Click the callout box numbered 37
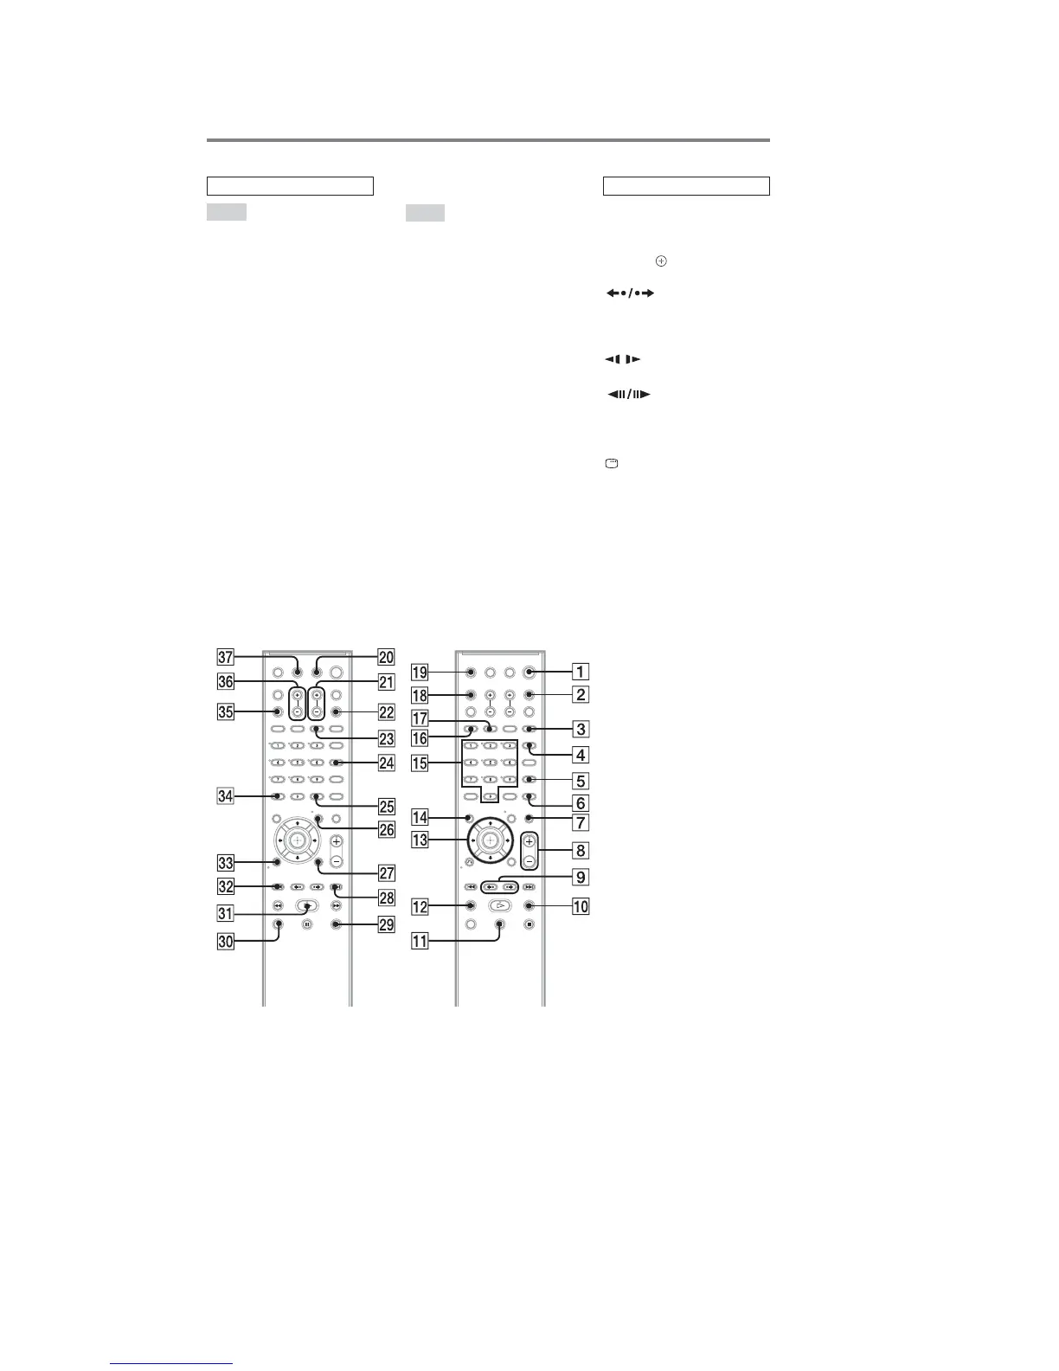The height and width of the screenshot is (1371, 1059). point(226,658)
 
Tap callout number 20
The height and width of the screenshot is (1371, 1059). point(387,658)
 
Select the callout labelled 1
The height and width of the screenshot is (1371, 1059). point(581,671)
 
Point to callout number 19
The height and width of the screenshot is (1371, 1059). point(420,671)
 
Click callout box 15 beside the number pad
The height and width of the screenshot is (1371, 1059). point(420,763)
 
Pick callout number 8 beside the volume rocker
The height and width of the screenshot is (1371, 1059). point(581,851)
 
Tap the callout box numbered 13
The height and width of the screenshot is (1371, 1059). point(420,840)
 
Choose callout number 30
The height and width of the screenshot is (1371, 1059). point(226,943)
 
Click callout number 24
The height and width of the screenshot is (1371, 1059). point(387,763)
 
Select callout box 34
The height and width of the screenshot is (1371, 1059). point(226,796)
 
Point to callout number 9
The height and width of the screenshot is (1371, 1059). point(581,878)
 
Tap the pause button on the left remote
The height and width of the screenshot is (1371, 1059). point(307,924)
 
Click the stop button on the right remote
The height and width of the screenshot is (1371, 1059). point(529,924)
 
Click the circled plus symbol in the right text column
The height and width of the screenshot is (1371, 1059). point(662,260)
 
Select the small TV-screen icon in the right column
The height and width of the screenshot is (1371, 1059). point(612,465)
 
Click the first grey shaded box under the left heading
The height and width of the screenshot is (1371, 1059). point(227,212)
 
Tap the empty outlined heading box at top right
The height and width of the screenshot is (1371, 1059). point(686,186)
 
